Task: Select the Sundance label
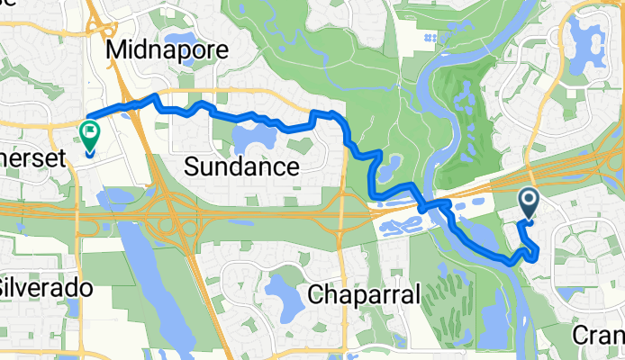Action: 241,166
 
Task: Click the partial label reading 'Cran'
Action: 598,336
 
